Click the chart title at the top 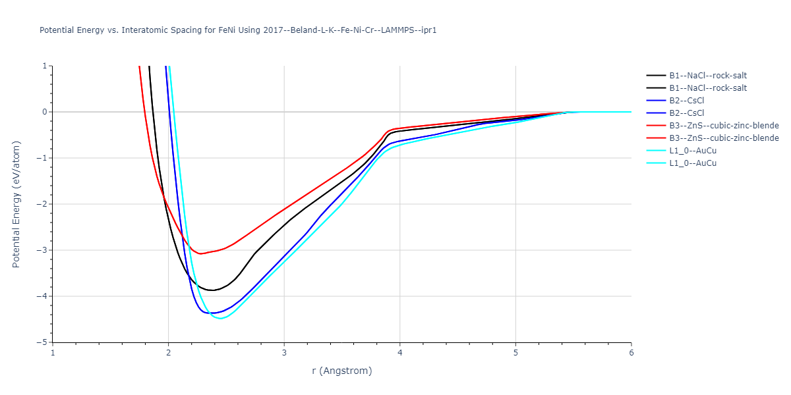[238, 30]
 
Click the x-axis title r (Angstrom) [341, 371]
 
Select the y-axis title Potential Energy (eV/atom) [17, 204]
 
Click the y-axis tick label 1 [44, 66]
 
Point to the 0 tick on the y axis [44, 112]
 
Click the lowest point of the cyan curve [221, 319]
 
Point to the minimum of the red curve [200, 253]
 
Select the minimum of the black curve [212, 290]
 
